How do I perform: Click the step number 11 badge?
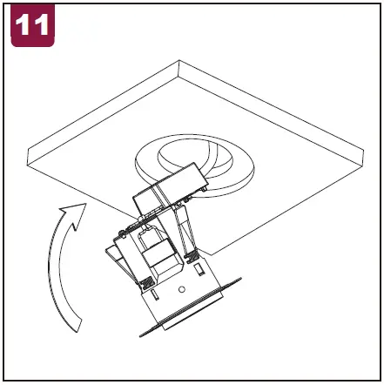(32, 25)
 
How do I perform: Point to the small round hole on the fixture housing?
(182, 289)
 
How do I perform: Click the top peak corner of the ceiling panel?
(179, 60)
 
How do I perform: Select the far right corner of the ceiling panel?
(363, 151)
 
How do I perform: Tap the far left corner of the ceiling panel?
(28, 150)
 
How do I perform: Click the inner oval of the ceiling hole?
(195, 159)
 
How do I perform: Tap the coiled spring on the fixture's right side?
(191, 257)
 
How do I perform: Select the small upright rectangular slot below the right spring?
(199, 269)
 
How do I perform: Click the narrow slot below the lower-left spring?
(155, 294)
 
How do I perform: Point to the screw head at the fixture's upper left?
(122, 232)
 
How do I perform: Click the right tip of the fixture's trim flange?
(240, 279)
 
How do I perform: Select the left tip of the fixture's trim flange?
(141, 335)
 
